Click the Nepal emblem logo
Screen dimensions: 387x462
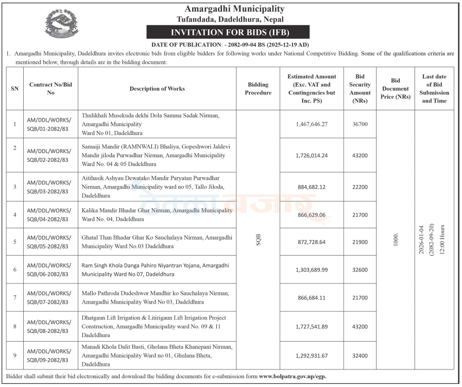tap(62, 24)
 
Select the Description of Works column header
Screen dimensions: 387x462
tap(157, 89)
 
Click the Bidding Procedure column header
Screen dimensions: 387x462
tap(258, 89)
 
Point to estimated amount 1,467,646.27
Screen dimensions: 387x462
tap(312, 124)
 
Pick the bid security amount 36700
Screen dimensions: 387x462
tap(360, 124)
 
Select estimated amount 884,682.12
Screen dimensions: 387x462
tap(312, 187)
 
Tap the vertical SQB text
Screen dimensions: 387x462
tap(258, 240)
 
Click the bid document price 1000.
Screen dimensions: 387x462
tap(396, 240)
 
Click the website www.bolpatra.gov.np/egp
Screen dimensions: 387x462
tap(293, 377)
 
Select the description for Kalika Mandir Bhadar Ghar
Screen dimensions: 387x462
tap(157, 214)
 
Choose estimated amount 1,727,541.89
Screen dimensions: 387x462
tap(312, 326)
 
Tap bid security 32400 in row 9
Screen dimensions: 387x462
tap(360, 356)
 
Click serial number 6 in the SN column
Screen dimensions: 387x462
tap(15, 270)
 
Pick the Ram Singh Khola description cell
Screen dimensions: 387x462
tap(157, 270)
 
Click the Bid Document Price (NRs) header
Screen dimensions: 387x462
tap(396, 89)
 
